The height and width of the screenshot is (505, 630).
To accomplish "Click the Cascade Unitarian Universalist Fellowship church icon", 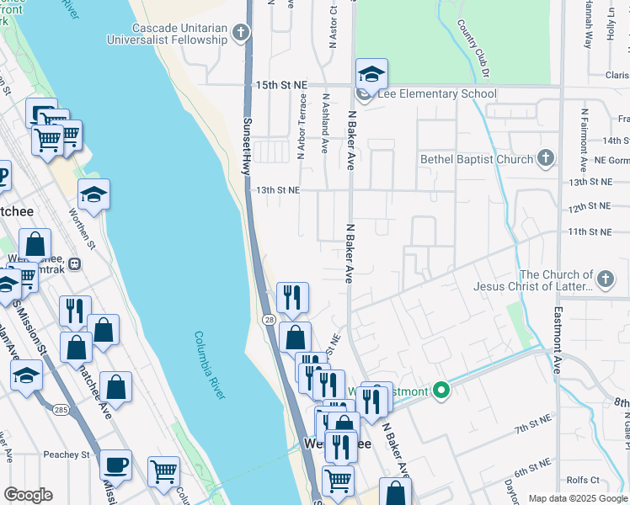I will click(242, 34).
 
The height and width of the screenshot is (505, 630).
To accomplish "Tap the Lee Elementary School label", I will click(437, 94).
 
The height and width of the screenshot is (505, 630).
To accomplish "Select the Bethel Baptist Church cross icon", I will click(546, 158).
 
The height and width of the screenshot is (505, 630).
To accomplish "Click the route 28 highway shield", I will click(265, 320).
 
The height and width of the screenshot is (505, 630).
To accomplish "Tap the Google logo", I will click(28, 495).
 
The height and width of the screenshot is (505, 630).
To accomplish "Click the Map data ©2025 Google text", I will click(577, 498).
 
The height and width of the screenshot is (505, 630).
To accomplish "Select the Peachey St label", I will click(67, 454).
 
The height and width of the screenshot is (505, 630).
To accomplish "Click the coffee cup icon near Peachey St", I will click(116, 464).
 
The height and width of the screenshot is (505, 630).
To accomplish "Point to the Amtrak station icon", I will click(75, 263).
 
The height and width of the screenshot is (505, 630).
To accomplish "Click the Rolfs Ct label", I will click(583, 481).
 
